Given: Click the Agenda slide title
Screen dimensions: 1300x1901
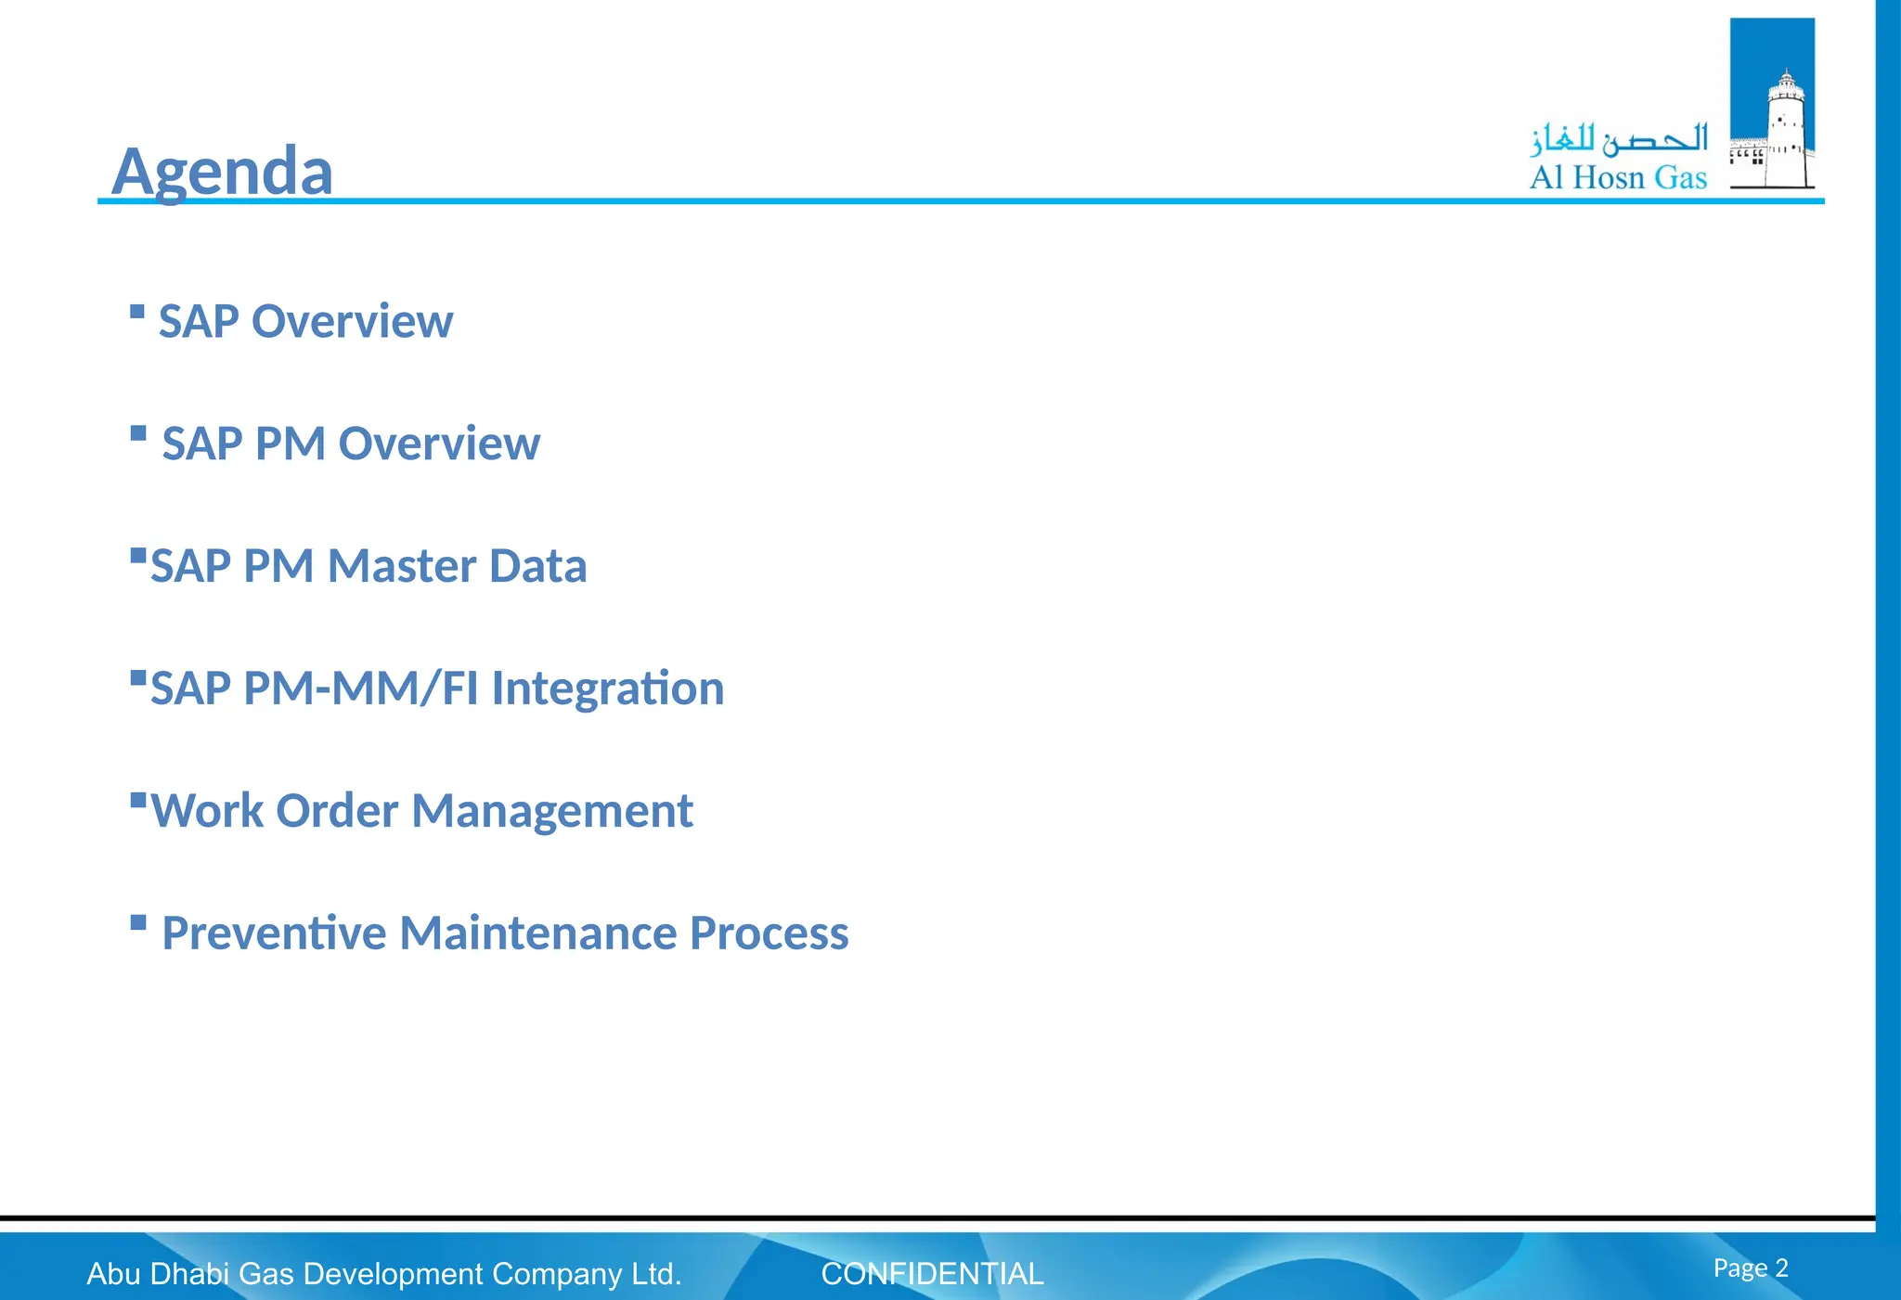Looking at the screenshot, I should pyautogui.click(x=222, y=172).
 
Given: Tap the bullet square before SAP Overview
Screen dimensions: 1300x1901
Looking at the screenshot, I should pyautogui.click(x=137, y=312).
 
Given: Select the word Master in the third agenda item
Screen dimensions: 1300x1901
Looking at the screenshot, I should pyautogui.click(x=401, y=566).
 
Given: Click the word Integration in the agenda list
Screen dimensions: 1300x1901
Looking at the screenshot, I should pyautogui.click(x=607, y=689).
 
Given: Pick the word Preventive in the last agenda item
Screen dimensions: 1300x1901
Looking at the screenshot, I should pyautogui.click(x=274, y=933).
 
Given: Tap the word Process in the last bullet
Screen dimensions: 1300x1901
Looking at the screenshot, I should pyautogui.click(x=769, y=933).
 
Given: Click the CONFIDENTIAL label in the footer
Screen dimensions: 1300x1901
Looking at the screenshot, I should pyautogui.click(x=932, y=1274).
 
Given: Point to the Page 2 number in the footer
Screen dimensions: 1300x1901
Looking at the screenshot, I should pyautogui.click(x=1750, y=1268).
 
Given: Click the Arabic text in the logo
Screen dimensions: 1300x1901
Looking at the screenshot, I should pyautogui.click(x=1619, y=139).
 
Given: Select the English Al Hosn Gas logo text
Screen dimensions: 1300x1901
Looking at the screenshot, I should pyautogui.click(x=1618, y=177).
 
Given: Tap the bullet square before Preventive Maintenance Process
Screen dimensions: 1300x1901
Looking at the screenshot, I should pyautogui.click(x=138, y=922).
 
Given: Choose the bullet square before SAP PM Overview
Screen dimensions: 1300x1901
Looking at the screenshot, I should pyautogui.click(x=138, y=433).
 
